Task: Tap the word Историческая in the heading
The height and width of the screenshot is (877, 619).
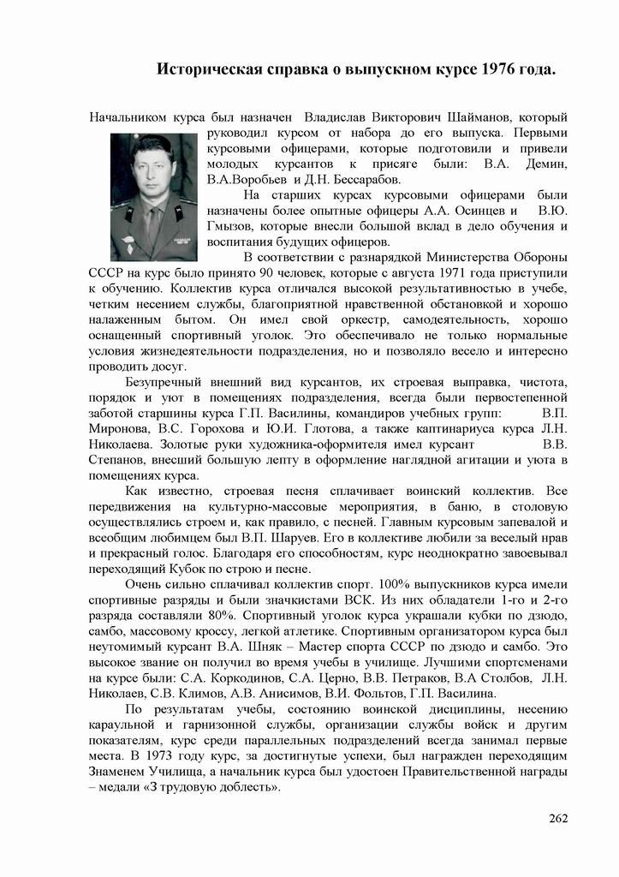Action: [208, 69]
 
